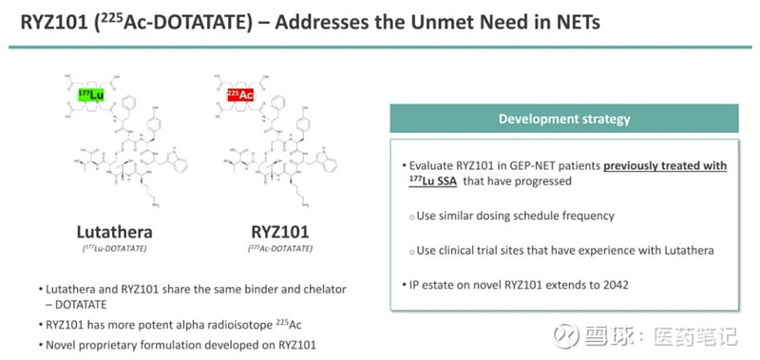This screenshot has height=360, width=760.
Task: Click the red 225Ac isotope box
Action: [x=241, y=95]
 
